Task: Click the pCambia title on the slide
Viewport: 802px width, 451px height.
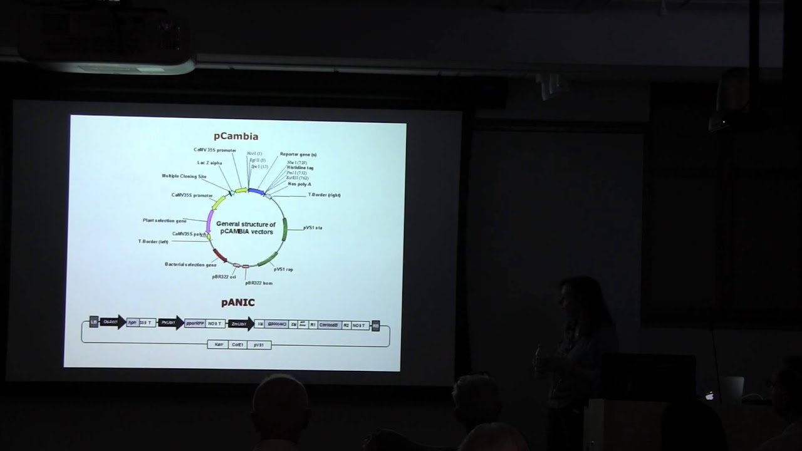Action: tap(236, 136)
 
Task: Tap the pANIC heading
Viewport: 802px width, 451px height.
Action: tap(237, 303)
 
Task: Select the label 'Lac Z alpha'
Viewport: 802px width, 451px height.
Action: tap(209, 163)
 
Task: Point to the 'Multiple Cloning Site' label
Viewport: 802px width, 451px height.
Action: tap(184, 177)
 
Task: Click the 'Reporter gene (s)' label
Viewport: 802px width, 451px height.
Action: tap(298, 154)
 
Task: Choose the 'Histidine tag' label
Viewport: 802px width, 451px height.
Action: tap(300, 168)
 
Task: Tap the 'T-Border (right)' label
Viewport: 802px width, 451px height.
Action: tap(324, 195)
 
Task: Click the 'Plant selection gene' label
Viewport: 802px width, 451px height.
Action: tap(164, 220)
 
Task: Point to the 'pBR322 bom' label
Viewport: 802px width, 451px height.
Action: tap(259, 283)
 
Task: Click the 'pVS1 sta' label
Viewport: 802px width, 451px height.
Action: tap(313, 227)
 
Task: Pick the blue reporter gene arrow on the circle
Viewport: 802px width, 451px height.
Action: tap(256, 191)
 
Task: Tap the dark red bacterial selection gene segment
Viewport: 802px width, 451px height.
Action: tap(220, 255)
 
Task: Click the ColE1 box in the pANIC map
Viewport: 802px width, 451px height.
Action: tap(237, 345)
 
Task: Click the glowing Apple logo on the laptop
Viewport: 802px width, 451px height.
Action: tap(710, 396)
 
